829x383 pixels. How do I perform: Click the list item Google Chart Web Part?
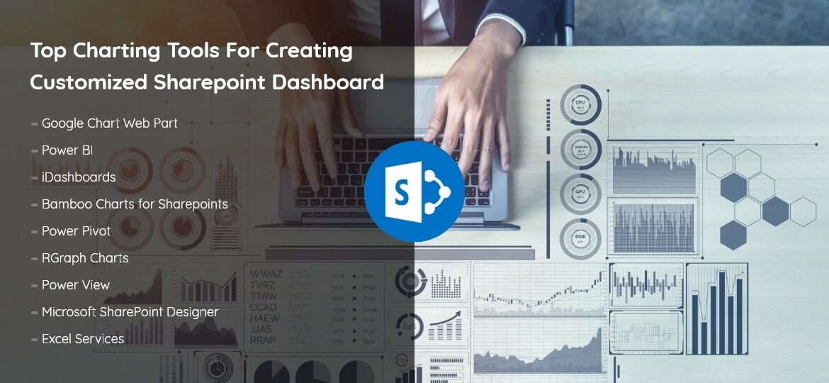point(109,123)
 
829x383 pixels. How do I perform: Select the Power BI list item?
point(67,150)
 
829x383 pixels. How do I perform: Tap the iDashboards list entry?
point(78,177)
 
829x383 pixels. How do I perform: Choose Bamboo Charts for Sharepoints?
point(135,204)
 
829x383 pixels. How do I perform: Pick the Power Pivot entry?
point(76,231)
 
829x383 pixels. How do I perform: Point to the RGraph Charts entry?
point(85,258)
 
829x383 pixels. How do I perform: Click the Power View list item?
point(76,285)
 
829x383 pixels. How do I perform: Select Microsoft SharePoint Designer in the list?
point(130,312)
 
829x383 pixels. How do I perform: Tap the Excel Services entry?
point(83,339)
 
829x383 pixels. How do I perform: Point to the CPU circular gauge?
point(580,105)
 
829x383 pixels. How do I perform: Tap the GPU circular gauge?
point(580,194)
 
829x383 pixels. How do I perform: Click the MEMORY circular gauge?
point(580,150)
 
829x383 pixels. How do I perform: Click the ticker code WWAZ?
point(266,274)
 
